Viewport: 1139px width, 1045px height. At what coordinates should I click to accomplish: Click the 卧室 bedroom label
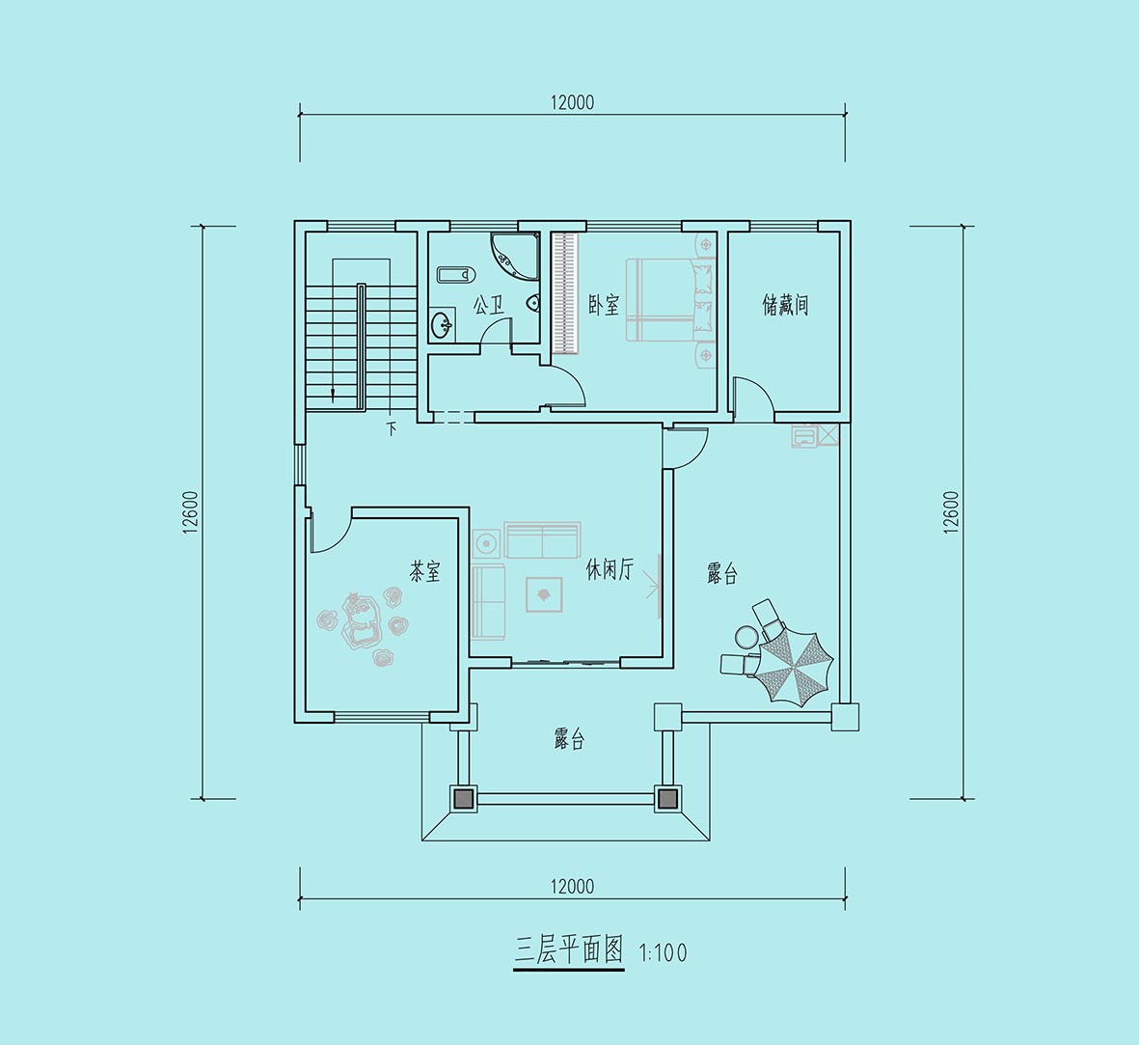[604, 305]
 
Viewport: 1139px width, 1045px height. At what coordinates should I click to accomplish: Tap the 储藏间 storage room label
[785, 305]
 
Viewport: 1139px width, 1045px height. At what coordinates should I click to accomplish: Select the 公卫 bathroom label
[489, 305]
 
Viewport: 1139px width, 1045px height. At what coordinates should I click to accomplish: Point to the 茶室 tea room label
[425, 572]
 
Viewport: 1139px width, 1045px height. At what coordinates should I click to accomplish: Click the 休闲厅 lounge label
[610, 569]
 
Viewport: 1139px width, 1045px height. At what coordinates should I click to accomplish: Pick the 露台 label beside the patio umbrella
[722, 574]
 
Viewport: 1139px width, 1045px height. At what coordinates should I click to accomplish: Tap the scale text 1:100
[663, 952]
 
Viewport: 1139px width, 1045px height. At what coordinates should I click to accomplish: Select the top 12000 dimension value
[572, 102]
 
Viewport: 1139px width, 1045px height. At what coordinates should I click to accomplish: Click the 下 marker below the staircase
[392, 428]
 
